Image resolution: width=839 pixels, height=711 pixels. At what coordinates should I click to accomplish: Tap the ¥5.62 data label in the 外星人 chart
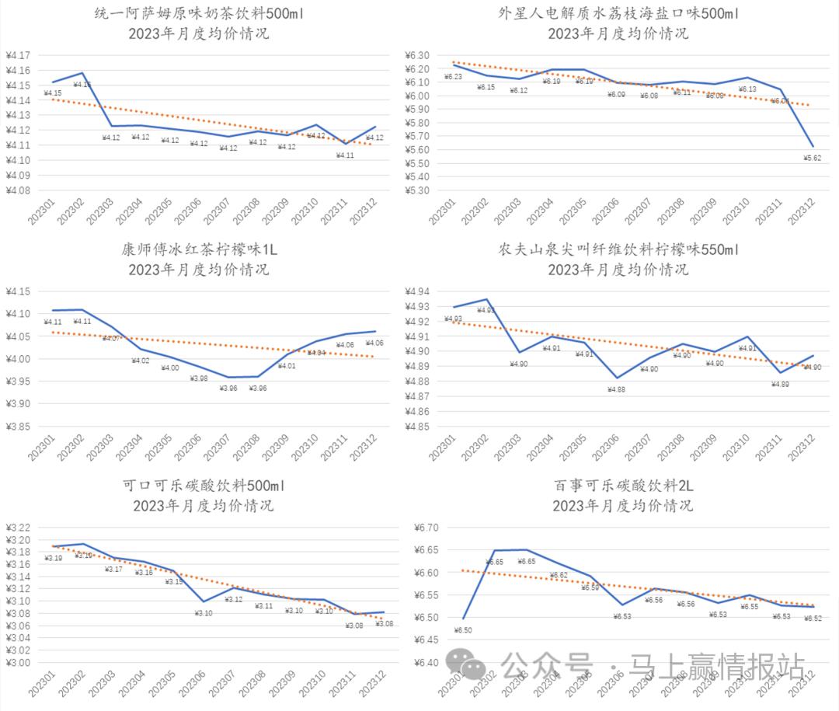[x=812, y=158]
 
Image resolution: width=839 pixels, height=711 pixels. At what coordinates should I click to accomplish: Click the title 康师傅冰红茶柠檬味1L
[x=199, y=250]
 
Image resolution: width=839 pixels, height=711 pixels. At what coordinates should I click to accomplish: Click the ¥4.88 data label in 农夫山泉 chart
[x=617, y=390]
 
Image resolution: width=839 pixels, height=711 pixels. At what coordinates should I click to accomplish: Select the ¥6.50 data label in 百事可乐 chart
[x=462, y=630]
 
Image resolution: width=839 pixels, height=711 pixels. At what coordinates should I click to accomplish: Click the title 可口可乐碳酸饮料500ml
[x=204, y=486]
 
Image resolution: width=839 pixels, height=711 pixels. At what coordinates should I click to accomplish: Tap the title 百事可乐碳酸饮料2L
[x=623, y=486]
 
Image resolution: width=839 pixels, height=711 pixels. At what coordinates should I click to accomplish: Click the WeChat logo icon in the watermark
[x=470, y=666]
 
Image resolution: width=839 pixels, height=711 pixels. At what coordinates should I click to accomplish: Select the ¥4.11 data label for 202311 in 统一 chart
[x=345, y=155]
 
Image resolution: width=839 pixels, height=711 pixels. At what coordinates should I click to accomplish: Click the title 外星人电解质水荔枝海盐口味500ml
[x=618, y=14]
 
